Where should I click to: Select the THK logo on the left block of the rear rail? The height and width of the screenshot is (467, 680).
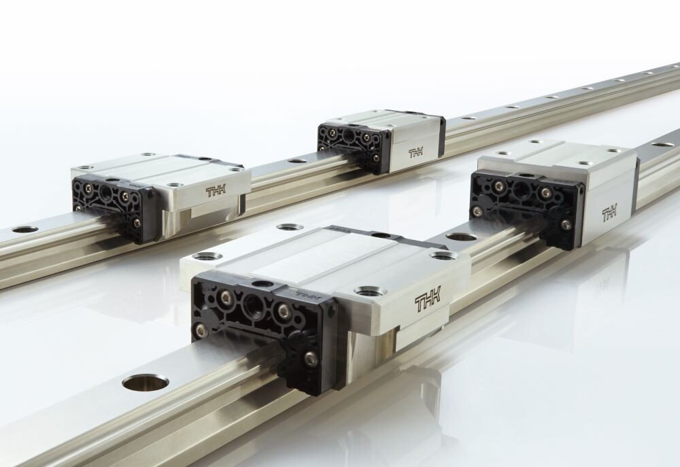[220, 192]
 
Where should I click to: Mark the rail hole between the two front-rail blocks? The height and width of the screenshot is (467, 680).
[462, 238]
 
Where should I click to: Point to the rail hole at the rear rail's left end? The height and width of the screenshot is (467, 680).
[24, 230]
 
